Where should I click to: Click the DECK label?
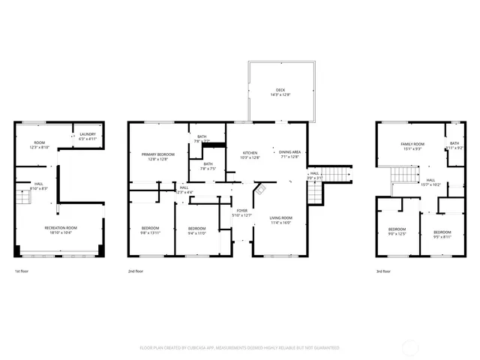[280, 91]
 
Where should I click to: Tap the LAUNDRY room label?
[88, 134]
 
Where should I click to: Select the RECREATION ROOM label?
[61, 228]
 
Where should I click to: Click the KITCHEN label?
[250, 153]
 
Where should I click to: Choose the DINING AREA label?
[289, 153]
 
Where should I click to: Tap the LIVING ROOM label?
[281, 217]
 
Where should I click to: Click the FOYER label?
[241, 211]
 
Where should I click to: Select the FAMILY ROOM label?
[412, 143]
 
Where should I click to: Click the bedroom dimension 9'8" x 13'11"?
[151, 232]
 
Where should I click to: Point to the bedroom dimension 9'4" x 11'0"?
[196, 232]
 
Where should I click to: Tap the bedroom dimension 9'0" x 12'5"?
[396, 233]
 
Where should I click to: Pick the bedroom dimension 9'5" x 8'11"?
[442, 236]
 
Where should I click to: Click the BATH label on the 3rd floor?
[454, 143]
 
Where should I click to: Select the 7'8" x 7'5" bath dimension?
[207, 169]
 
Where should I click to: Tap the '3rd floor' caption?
[382, 271]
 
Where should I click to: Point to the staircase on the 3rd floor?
[403, 178]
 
